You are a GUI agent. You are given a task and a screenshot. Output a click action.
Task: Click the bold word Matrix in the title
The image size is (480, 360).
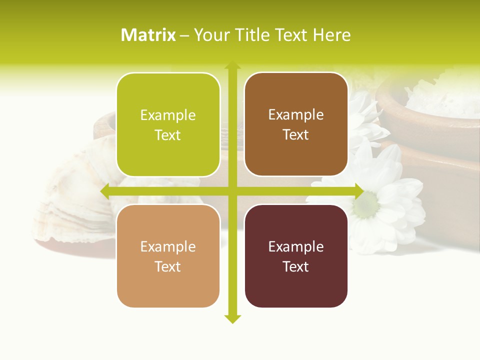148,35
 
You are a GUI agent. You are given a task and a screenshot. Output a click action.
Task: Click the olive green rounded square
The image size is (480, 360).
168,124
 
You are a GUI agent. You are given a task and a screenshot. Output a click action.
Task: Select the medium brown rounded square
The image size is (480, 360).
296,124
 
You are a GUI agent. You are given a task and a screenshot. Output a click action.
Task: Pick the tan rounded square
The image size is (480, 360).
168,256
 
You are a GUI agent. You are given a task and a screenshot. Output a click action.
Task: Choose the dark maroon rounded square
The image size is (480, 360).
296,256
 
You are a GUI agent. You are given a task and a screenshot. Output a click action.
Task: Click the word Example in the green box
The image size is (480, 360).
168,115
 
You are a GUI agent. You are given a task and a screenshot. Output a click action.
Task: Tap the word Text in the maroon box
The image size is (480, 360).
296,266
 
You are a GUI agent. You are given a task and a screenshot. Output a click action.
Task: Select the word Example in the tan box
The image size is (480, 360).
168,247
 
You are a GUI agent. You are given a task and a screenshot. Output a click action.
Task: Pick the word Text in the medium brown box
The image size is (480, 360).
296,135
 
